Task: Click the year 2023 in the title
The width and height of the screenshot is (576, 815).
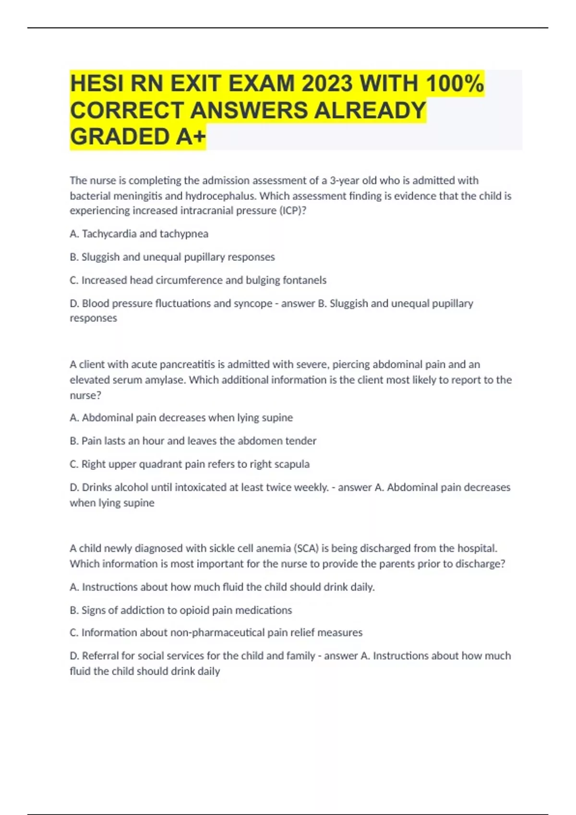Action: pos(327,84)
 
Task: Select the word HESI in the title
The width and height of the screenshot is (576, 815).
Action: pos(96,84)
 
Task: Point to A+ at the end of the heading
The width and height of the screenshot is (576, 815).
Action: pos(191,137)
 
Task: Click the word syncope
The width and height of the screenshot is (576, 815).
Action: pos(253,303)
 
